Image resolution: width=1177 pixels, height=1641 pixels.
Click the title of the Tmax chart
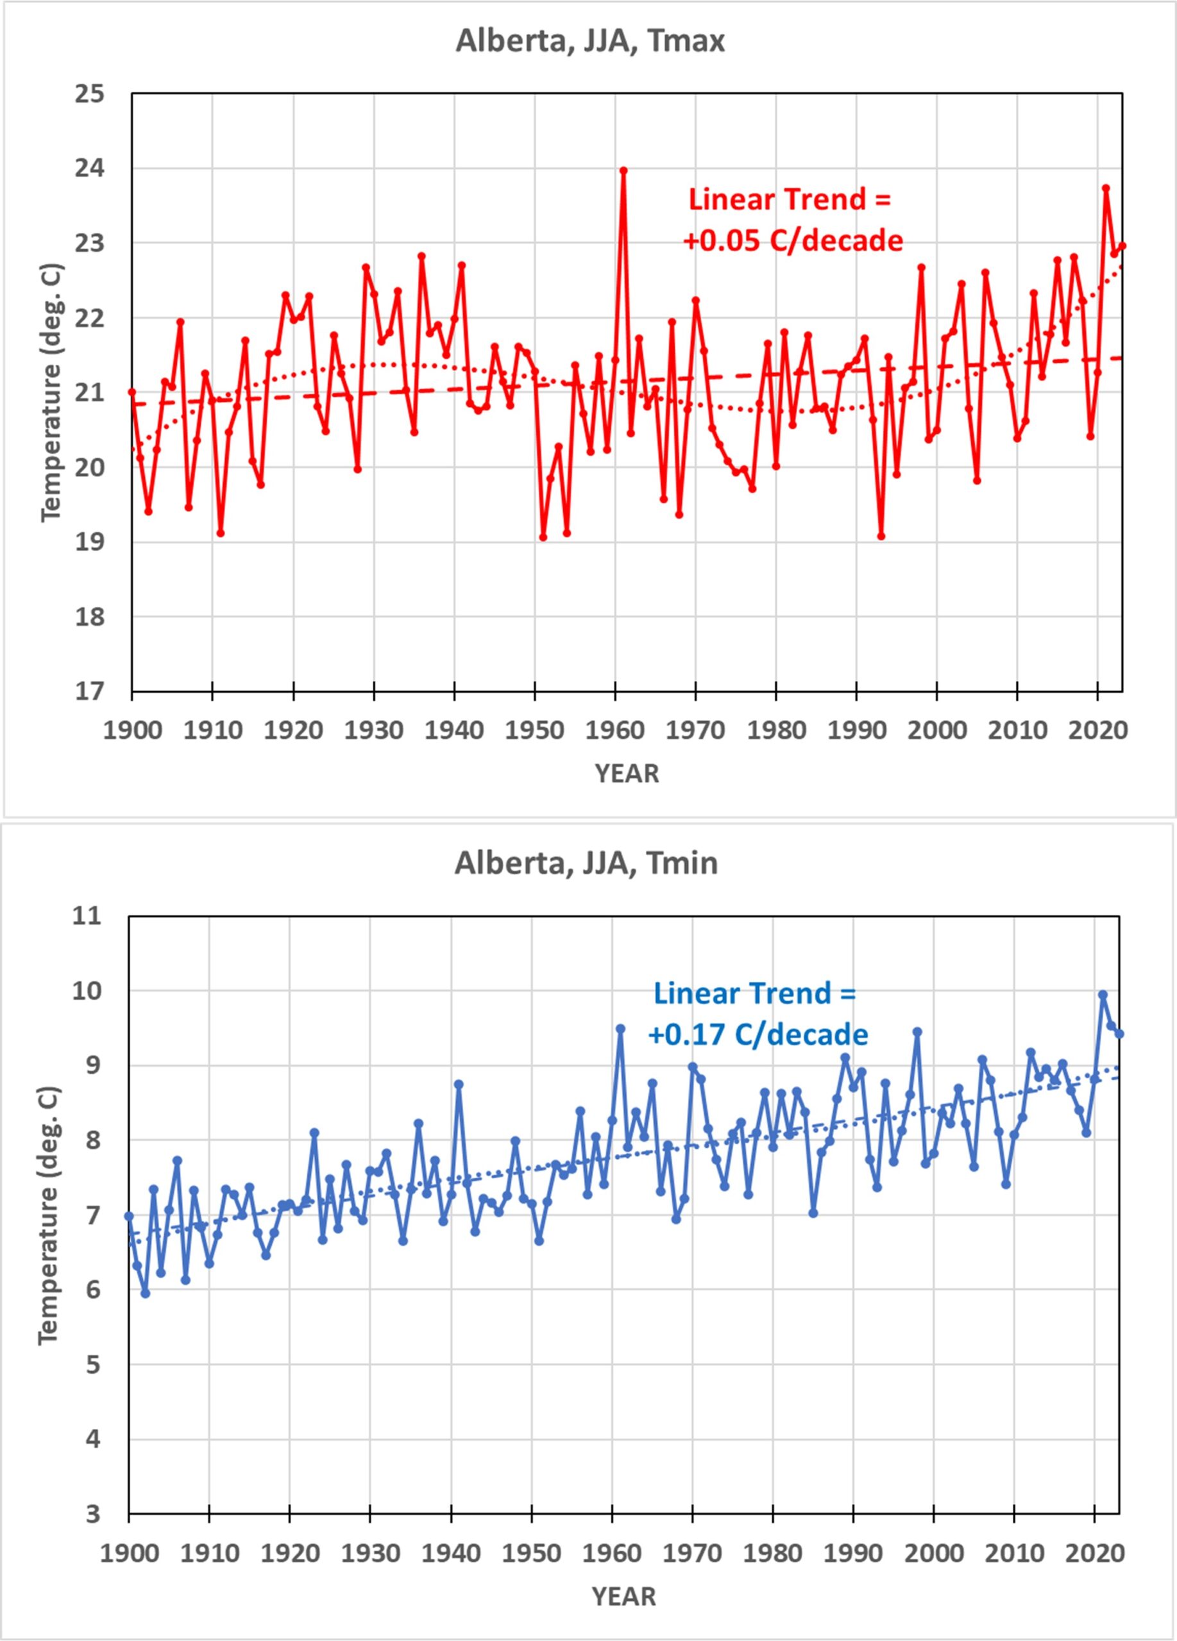pos(590,41)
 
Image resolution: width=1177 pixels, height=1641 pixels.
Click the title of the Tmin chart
pos(586,863)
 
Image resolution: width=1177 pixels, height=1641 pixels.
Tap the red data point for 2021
pos(1106,188)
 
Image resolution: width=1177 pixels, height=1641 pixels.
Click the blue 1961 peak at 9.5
pos(620,1028)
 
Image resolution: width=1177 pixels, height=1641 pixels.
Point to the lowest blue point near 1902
pos(146,1293)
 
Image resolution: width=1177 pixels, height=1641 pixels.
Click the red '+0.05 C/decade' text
pos(793,240)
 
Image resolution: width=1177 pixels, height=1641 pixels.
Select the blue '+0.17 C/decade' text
pos(758,1035)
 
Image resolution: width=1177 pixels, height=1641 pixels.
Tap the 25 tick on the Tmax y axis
pos(89,94)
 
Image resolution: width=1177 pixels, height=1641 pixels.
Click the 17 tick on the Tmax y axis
pos(89,692)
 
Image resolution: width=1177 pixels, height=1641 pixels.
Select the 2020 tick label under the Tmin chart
pos(1094,1552)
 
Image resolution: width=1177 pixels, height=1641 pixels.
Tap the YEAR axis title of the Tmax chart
pos(627,774)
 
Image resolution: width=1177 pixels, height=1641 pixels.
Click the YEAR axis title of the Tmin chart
pos(624,1596)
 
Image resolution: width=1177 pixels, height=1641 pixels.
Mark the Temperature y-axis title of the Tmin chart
pos(49,1215)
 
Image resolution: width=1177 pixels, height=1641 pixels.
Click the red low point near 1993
pos(881,536)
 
